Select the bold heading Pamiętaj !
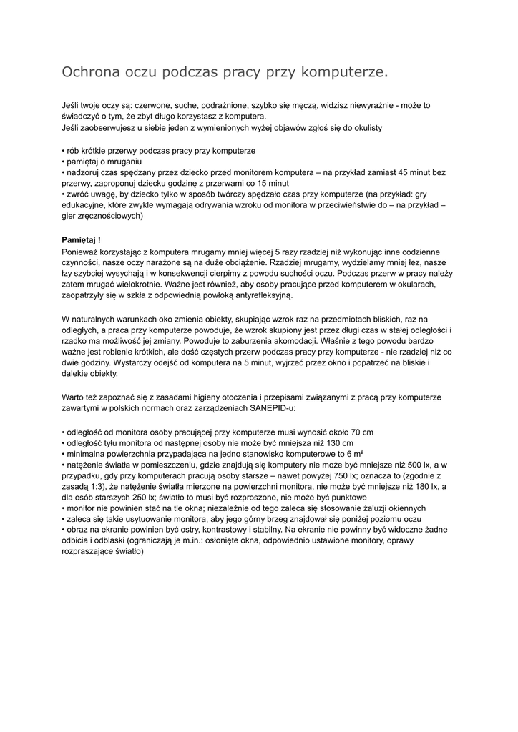(x=81, y=239)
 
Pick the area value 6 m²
(x=352, y=454)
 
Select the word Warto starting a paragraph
(x=73, y=397)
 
